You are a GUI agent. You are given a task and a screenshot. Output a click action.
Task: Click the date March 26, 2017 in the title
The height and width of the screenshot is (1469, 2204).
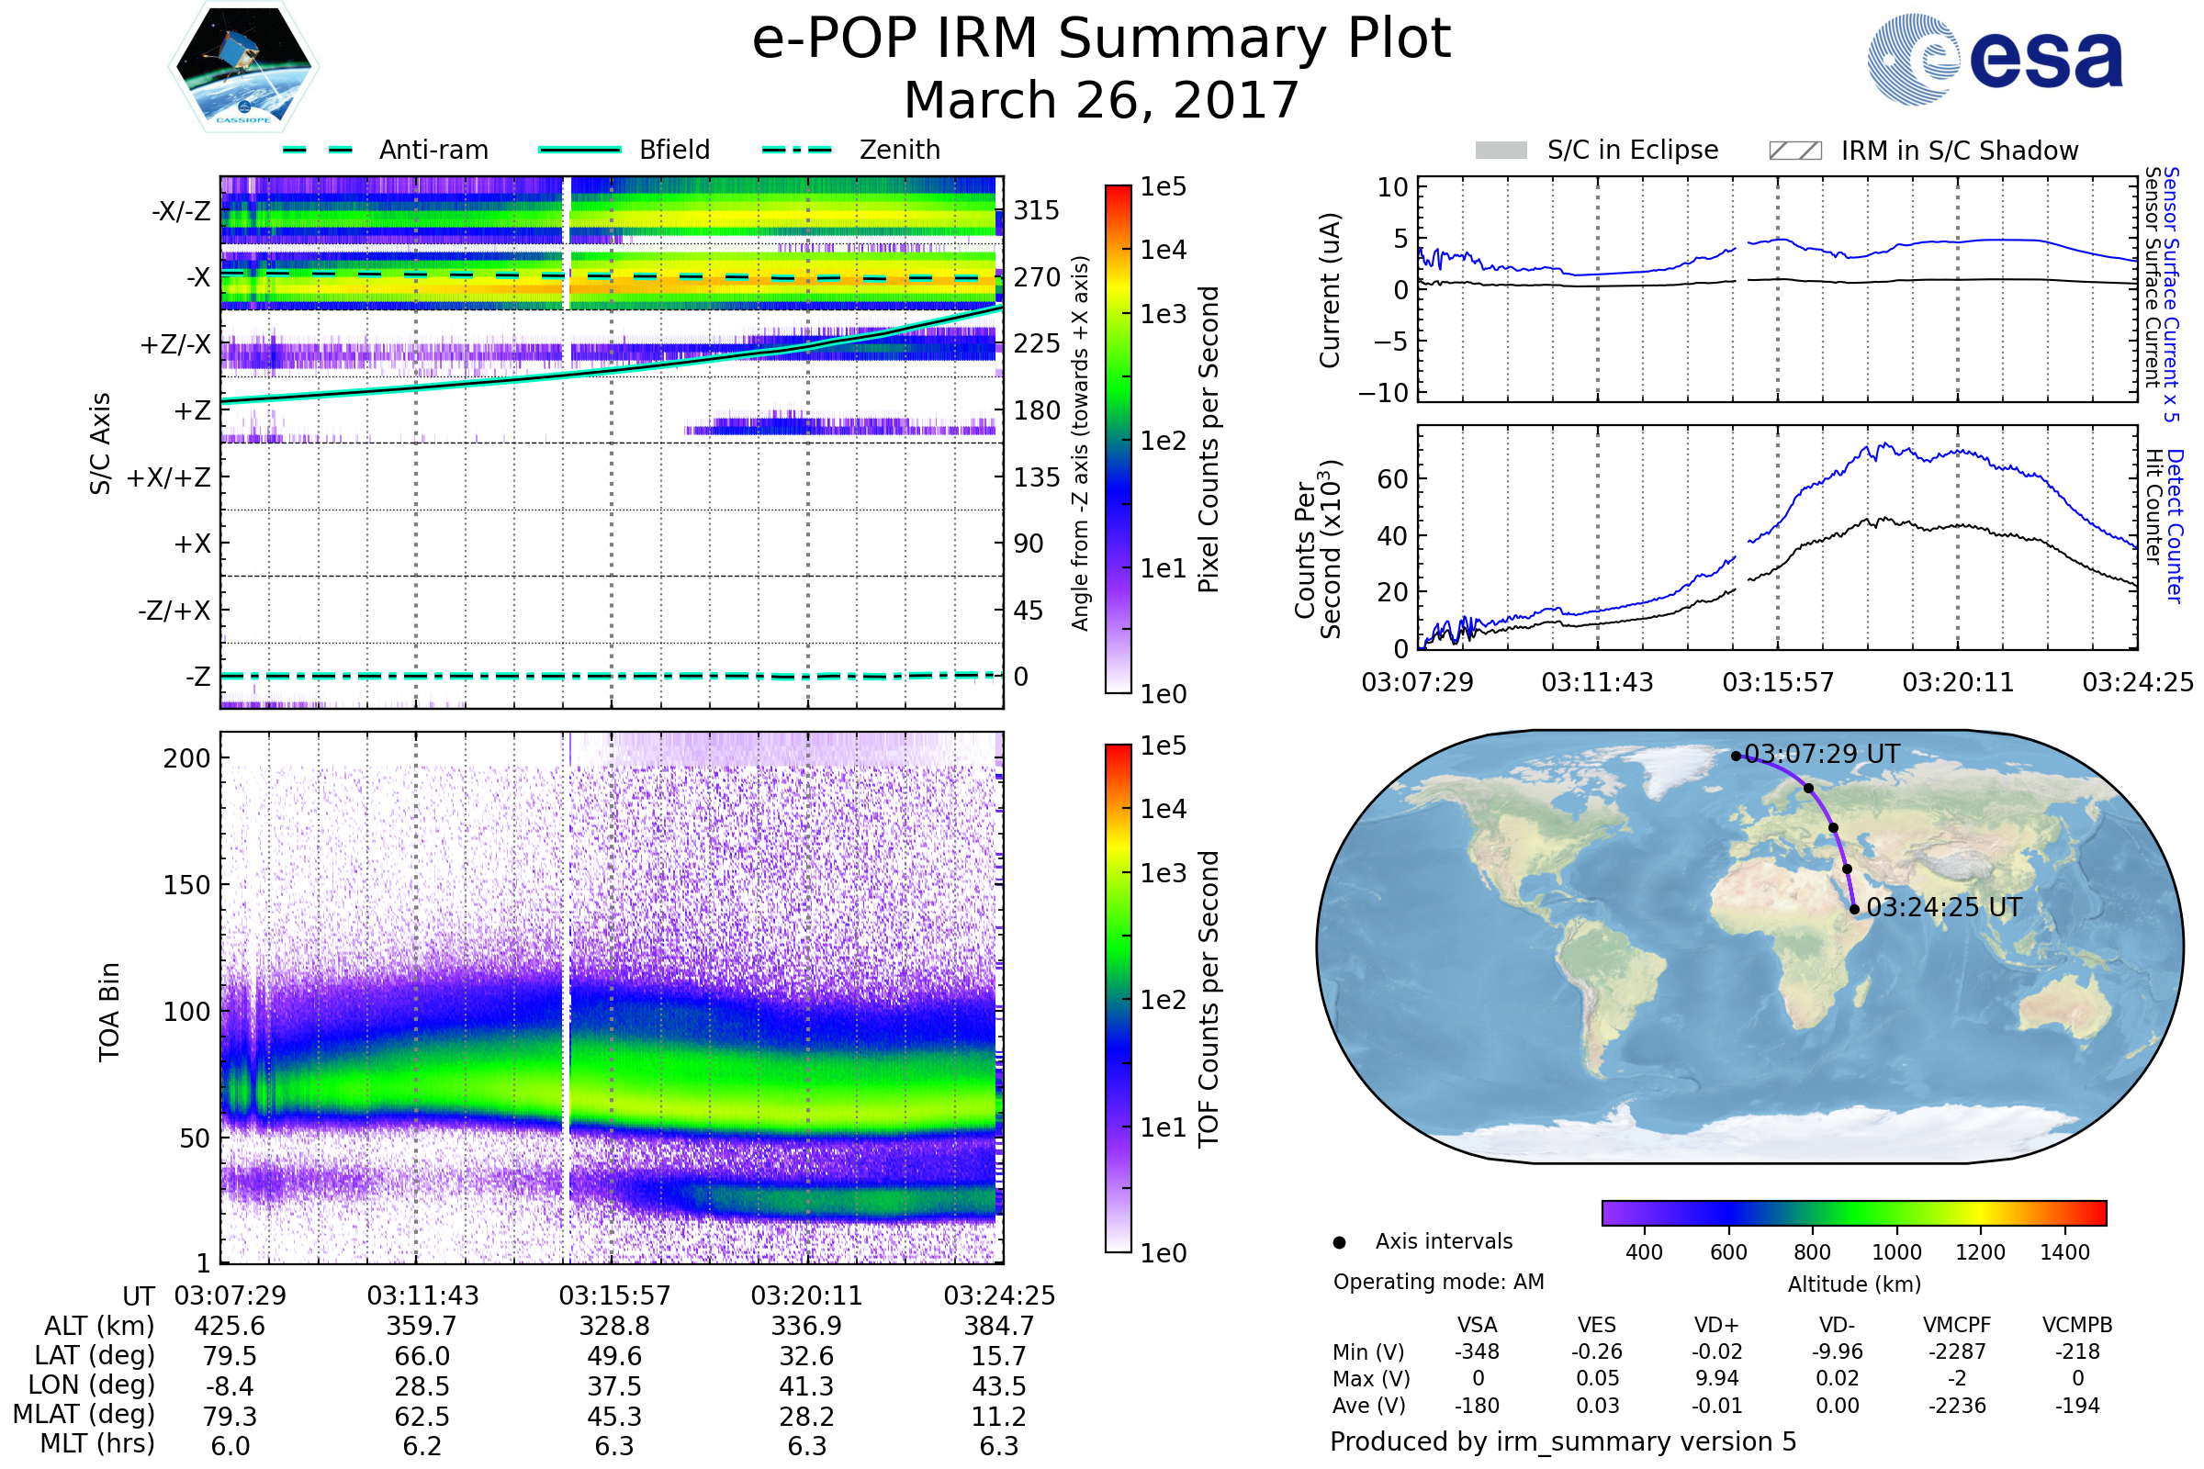coord(1101,100)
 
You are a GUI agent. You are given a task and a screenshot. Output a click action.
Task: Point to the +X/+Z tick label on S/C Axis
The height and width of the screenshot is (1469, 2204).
coord(169,477)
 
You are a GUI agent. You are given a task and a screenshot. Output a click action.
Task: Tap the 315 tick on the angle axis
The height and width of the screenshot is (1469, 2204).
coord(1036,210)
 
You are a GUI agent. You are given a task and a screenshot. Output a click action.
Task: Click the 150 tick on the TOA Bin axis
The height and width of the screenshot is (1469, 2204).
coord(186,885)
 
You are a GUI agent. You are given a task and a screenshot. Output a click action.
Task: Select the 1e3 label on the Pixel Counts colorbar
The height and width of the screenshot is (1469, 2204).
coord(1163,315)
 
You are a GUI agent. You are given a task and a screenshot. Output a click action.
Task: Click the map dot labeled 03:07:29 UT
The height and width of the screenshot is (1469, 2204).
coord(1736,756)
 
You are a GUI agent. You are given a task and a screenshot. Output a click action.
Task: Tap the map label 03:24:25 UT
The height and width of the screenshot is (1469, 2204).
coord(1943,908)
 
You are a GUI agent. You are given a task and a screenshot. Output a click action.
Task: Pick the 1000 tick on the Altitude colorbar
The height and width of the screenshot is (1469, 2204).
coord(1895,1252)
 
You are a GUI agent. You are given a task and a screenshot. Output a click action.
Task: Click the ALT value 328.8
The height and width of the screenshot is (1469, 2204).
coord(613,1327)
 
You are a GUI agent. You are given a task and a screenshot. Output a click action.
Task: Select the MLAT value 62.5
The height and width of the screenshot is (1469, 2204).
coord(422,1417)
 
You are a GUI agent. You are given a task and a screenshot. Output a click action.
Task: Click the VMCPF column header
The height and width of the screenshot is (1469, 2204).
coord(1957,1326)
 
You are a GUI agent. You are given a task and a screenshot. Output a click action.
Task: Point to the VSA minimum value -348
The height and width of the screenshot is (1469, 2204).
coord(1477,1351)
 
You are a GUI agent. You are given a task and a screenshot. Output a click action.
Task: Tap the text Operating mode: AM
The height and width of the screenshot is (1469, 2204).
coord(1438,1282)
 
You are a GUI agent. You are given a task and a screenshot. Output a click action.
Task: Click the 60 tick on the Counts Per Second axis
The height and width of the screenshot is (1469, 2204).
coord(1392,479)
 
